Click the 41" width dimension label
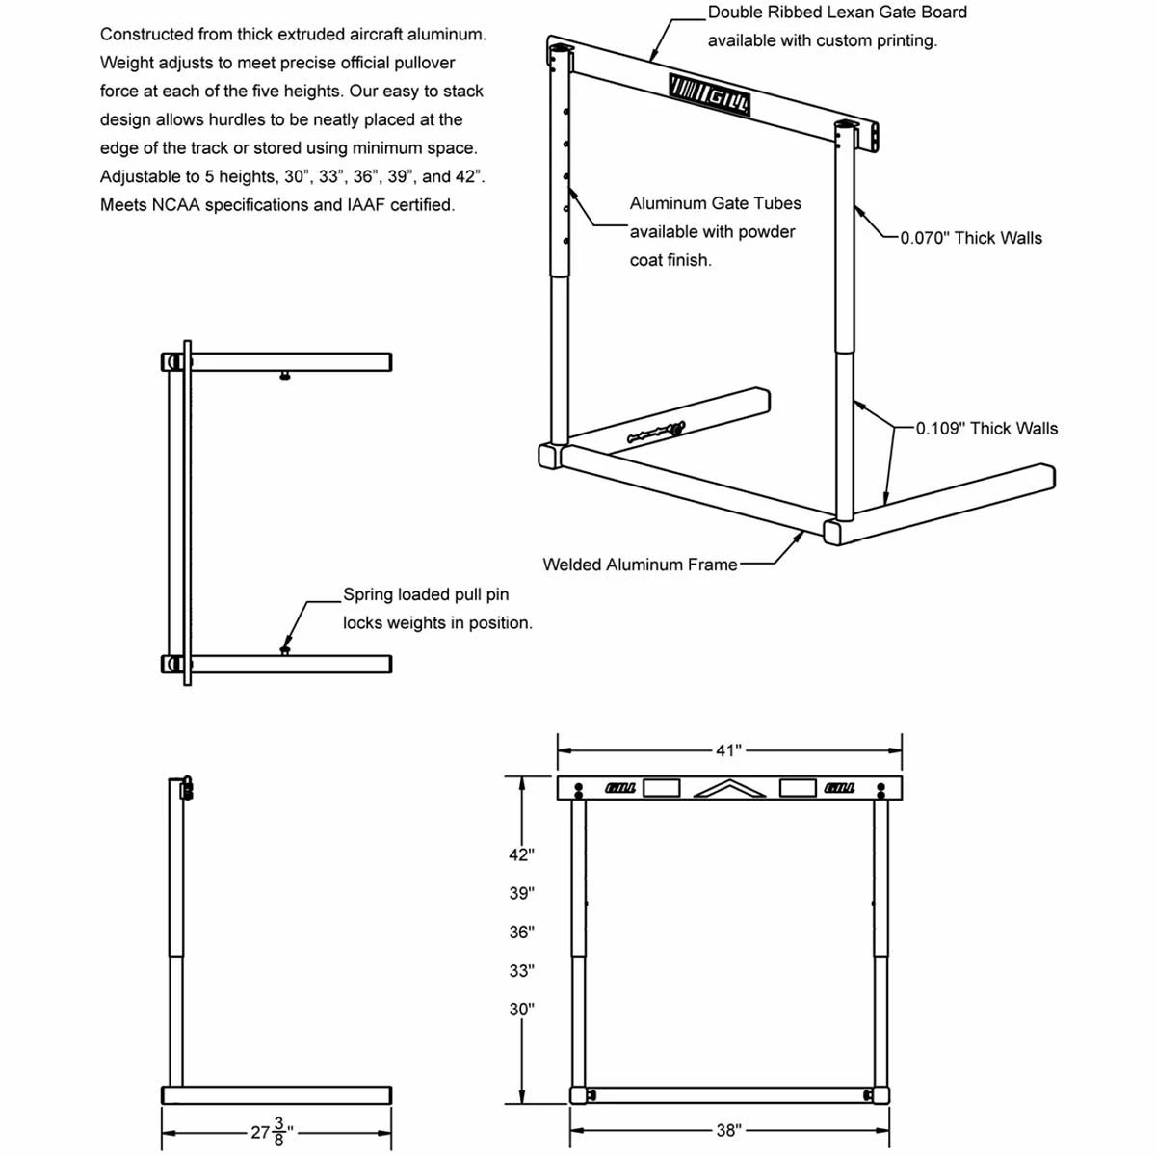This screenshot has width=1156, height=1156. click(728, 750)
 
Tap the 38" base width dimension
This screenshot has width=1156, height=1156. click(727, 1130)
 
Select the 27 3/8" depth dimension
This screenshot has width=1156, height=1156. click(272, 1131)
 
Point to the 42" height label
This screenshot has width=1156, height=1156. click(521, 854)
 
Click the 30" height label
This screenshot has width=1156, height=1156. click(521, 1010)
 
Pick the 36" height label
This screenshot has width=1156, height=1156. click(521, 933)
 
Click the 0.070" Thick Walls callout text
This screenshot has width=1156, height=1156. click(971, 238)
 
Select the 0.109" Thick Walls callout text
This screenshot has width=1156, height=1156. click(986, 429)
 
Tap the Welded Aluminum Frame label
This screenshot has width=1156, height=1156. click(640, 565)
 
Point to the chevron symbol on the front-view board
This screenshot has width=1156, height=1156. click(729, 789)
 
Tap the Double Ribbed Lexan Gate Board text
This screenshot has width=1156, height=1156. click(837, 13)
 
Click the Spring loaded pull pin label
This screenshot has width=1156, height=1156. click(426, 595)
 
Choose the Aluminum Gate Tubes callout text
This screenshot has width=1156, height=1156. click(715, 203)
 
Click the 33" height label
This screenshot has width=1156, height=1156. click(521, 971)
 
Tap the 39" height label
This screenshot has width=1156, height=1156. click(521, 894)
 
